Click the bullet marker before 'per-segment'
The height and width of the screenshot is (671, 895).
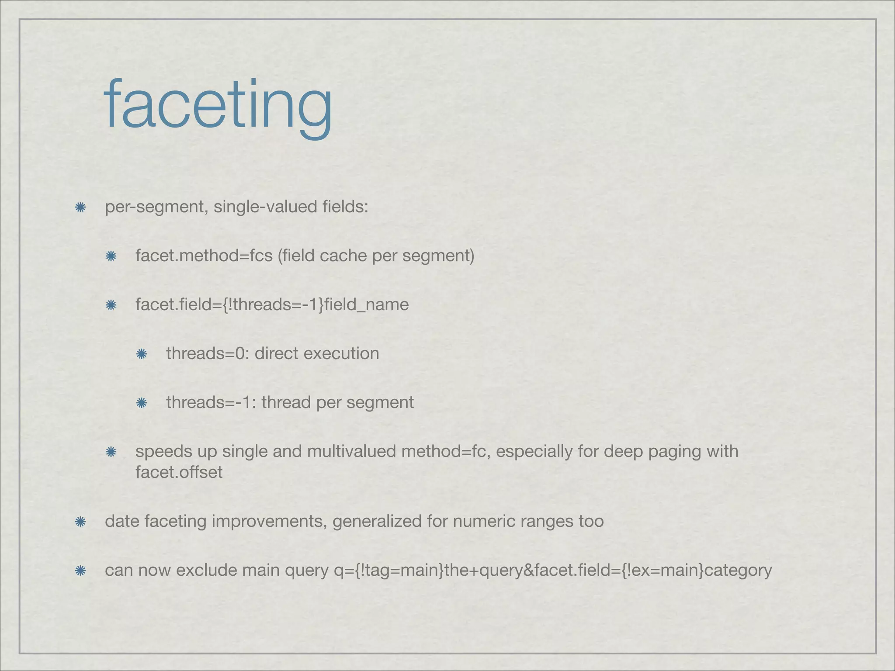[80, 208]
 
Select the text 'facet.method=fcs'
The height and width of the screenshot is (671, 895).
[204, 256]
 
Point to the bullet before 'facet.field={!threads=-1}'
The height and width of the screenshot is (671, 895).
[111, 305]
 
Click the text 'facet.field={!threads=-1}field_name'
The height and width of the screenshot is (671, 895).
[272, 304]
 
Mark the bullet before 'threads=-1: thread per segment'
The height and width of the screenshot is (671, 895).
[141, 403]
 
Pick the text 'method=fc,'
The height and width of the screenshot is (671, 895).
[446, 451]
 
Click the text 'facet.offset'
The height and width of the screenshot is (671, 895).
[179, 472]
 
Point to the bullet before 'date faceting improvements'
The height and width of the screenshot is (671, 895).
[80, 522]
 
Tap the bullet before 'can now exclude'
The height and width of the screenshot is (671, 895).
[80, 571]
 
